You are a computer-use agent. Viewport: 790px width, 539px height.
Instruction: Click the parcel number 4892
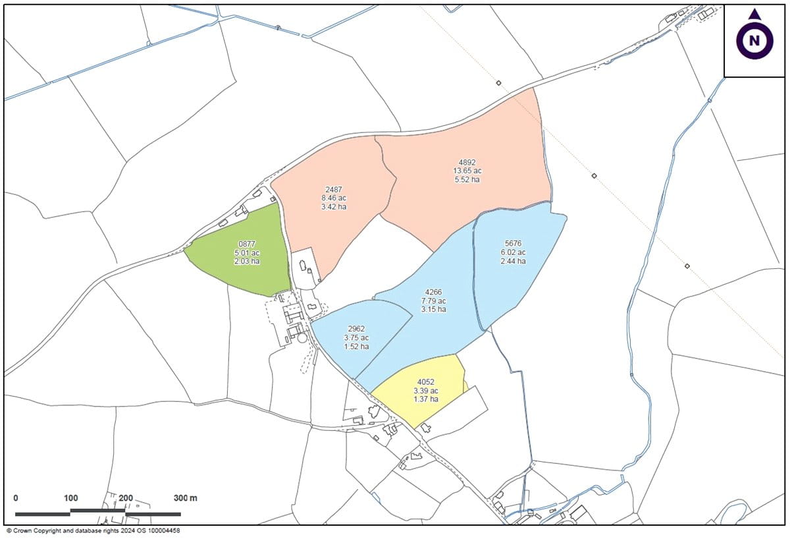[x=467, y=162]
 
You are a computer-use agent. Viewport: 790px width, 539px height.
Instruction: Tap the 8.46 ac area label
[x=334, y=198]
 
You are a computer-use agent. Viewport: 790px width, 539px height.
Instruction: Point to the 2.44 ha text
[x=513, y=261]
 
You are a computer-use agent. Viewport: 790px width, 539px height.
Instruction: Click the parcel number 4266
[x=434, y=292]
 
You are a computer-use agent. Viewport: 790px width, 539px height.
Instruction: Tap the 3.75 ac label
[x=356, y=337]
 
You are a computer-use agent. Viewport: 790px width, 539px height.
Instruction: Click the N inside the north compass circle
[x=754, y=42]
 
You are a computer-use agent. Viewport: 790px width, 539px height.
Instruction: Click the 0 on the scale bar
[x=16, y=497]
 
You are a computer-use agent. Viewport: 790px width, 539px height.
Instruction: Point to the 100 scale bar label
[x=71, y=497]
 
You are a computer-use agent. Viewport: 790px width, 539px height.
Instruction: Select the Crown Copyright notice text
[x=93, y=530]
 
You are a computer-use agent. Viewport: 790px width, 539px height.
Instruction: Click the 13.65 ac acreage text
[x=467, y=171]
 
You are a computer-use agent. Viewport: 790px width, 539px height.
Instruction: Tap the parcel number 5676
[x=513, y=243]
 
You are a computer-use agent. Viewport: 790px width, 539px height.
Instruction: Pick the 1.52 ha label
[x=356, y=347]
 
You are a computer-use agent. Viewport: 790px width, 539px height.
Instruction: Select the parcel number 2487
[x=334, y=188]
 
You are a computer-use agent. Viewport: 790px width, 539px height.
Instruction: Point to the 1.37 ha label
[x=426, y=399]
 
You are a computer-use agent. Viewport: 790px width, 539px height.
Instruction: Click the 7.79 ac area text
[x=434, y=300]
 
